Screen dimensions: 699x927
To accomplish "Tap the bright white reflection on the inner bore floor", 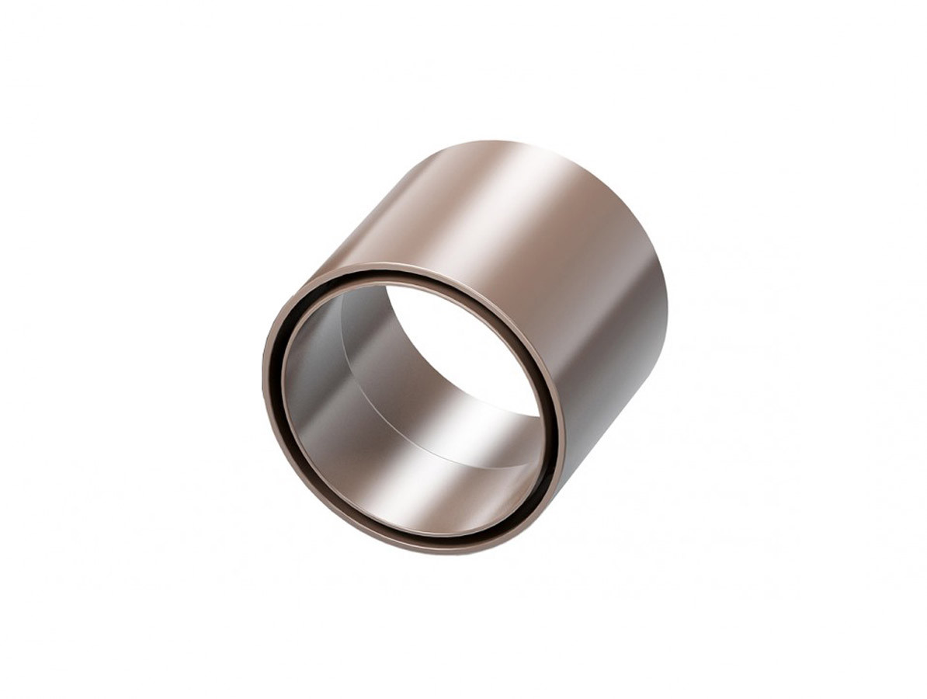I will [x=466, y=458].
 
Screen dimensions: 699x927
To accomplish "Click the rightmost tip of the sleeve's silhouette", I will [x=666, y=311].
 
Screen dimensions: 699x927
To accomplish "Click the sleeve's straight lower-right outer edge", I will [x=613, y=435].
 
